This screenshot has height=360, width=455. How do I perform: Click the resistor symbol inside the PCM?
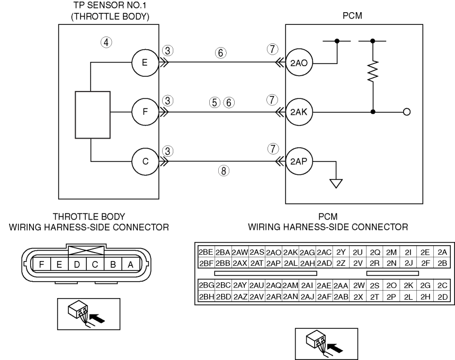click(x=373, y=71)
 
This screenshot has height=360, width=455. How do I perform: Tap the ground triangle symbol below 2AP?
click(x=336, y=184)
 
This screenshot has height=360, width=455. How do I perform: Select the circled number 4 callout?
click(x=106, y=42)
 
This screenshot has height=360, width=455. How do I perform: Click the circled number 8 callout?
click(x=224, y=170)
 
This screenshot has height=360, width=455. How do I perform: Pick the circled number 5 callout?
click(x=215, y=102)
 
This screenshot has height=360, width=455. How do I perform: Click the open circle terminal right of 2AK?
click(x=407, y=112)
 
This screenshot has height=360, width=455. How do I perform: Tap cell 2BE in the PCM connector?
click(x=206, y=253)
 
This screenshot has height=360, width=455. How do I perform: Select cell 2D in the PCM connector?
click(x=442, y=297)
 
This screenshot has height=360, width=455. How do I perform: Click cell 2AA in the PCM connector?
click(x=341, y=286)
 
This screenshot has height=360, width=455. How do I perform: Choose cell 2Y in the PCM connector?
click(x=341, y=253)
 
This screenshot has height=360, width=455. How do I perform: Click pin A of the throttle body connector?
click(x=131, y=265)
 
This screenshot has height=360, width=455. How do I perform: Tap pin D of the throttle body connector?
click(x=77, y=265)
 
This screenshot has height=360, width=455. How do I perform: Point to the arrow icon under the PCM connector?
click(x=335, y=347)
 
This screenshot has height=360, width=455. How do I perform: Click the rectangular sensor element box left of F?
click(x=93, y=115)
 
